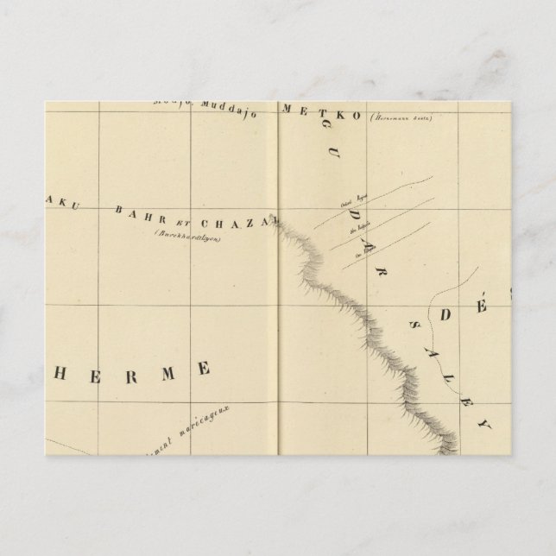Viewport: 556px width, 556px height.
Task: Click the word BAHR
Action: [x=135, y=212]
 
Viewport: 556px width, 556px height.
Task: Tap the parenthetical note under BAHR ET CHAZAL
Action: [x=184, y=233]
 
